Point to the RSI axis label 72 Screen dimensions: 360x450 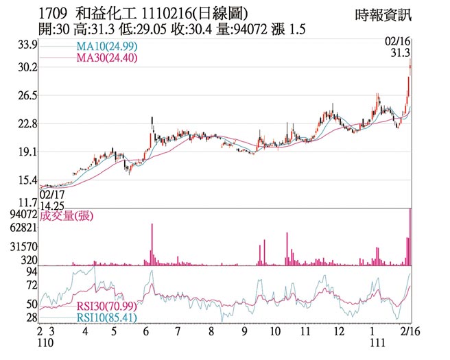click(x=32, y=284)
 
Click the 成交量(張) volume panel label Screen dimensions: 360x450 click(x=67, y=216)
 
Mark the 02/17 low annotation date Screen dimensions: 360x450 click(x=52, y=194)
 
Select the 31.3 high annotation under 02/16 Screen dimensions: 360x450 click(x=400, y=53)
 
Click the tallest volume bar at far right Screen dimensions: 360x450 click(x=410, y=237)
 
